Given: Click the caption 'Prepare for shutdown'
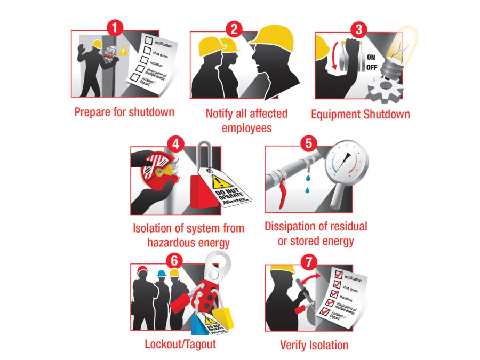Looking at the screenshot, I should click(x=124, y=113).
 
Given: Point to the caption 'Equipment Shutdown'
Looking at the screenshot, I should click(x=361, y=114).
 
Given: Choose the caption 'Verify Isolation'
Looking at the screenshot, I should click(x=314, y=345).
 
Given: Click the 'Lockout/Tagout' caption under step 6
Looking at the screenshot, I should click(x=180, y=344).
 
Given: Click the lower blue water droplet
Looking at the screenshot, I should click(x=307, y=190).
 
